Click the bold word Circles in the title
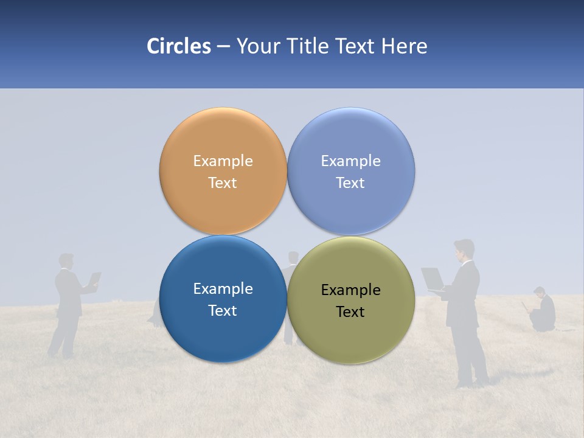pos(178,46)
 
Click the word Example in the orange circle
pos(223,161)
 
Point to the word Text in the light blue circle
pos(350,183)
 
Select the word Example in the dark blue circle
pos(223,289)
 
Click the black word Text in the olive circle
pos(350,312)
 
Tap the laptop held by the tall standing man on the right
pos(433,279)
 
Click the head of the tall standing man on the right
pos(464,249)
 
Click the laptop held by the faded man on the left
pos(94,279)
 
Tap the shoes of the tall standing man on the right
pos(473,384)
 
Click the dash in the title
pos(223,47)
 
